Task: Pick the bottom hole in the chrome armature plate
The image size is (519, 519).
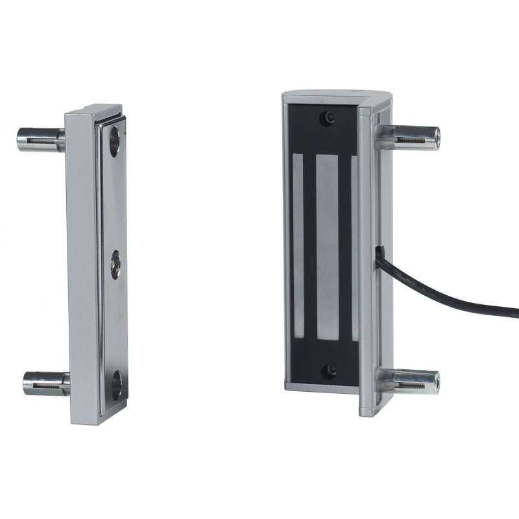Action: [x=116, y=382]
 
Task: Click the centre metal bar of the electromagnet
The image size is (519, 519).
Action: [x=326, y=247]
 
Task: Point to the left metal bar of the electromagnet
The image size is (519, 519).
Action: [x=298, y=247]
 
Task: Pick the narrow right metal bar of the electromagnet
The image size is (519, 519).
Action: [x=354, y=247]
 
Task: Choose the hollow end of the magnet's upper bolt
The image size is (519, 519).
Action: [x=437, y=136]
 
